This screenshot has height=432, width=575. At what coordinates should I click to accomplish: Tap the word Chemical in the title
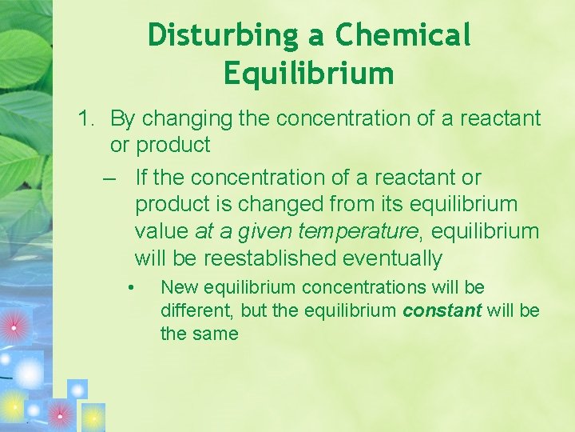pyautogui.click(x=403, y=35)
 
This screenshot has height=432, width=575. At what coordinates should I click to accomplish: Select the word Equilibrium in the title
pyautogui.click(x=309, y=74)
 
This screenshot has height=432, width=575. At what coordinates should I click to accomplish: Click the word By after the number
pyautogui.click(x=122, y=119)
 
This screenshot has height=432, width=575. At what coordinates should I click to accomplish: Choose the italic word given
pyautogui.click(x=265, y=231)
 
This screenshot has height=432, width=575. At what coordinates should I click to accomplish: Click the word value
pyautogui.click(x=162, y=231)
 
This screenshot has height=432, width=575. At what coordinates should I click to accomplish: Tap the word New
pyautogui.click(x=180, y=287)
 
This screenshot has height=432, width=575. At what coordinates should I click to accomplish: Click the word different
pyautogui.click(x=191, y=310)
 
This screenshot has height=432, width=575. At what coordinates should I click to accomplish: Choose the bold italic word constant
pyautogui.click(x=442, y=310)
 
